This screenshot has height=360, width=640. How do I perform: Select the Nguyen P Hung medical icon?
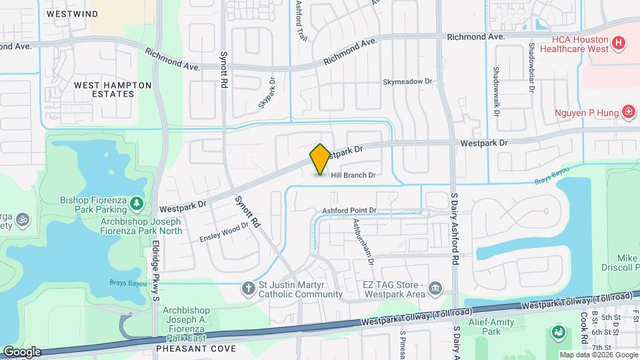pos(627,111)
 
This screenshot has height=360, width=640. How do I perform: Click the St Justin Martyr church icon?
pos(248,289)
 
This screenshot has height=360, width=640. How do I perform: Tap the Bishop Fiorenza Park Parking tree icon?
pos(136,202)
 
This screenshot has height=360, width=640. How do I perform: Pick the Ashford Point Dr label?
pos(350,211)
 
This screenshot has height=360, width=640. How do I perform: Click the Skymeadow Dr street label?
pos(407,81)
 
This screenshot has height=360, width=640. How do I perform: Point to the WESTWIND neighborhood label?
pos(72,13)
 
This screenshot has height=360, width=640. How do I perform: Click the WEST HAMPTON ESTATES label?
pos(113,89)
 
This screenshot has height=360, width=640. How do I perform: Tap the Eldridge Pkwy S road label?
pos(155,261)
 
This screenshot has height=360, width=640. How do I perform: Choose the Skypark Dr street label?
pos(267,96)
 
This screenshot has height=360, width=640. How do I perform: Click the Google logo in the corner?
pos(21,351)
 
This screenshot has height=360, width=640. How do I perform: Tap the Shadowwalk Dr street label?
pos(497,91)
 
